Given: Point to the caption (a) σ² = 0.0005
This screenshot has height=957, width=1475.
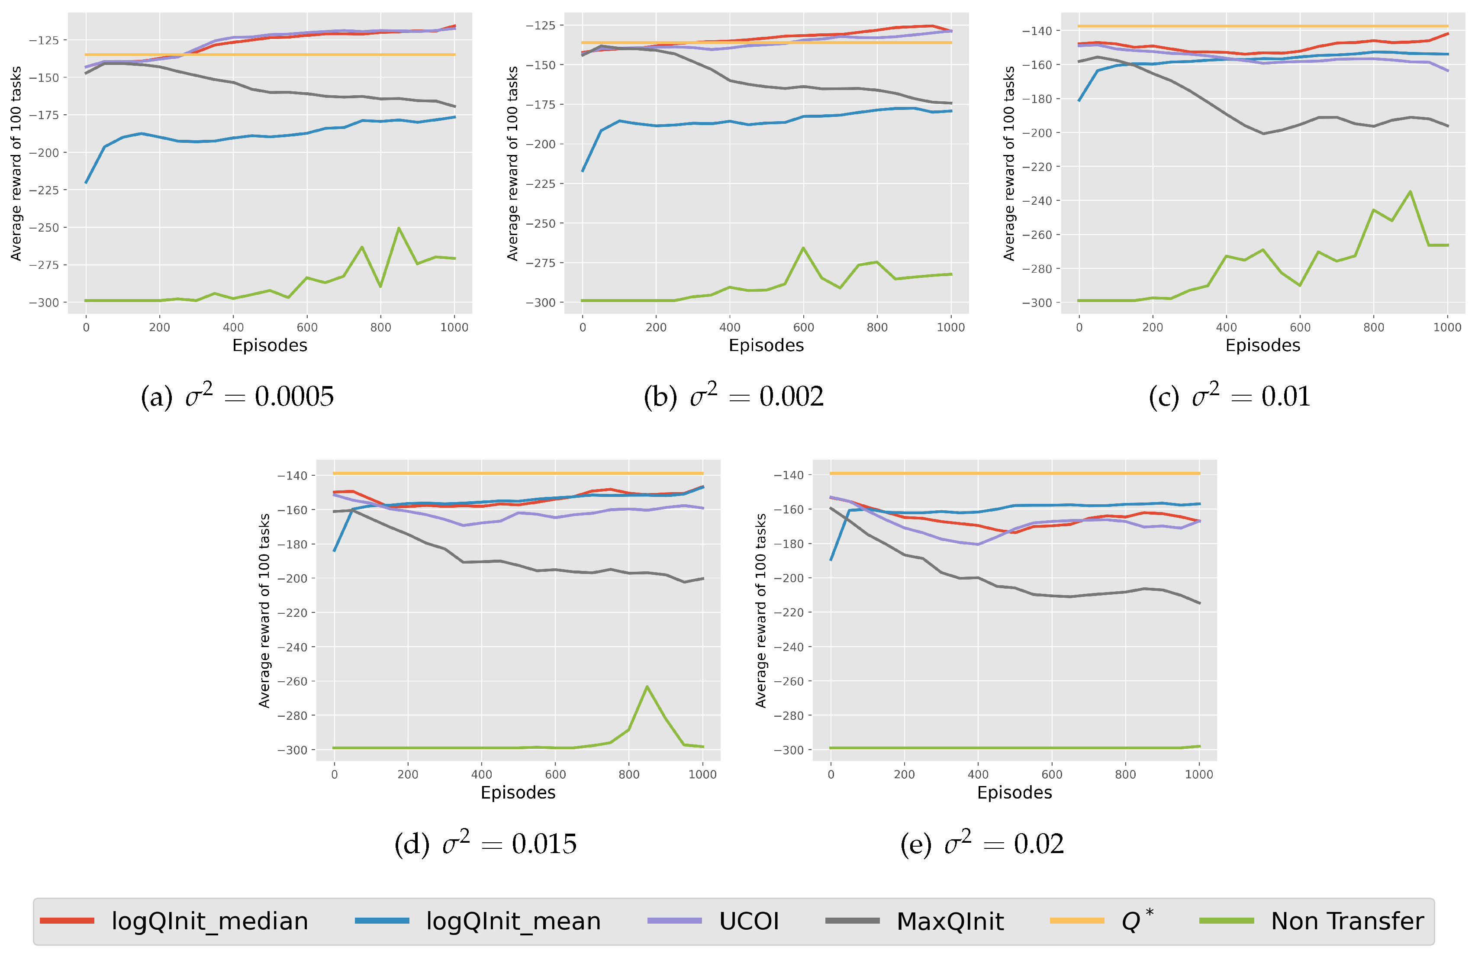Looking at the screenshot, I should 237,396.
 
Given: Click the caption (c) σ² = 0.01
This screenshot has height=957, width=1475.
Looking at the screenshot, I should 1230,396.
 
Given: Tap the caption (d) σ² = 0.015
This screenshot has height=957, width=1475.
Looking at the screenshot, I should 485,844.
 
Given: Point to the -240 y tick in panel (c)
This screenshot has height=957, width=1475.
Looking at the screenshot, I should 1037,201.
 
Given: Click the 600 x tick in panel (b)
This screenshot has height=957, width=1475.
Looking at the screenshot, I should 803,327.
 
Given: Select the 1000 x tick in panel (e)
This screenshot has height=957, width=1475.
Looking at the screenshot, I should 1198,774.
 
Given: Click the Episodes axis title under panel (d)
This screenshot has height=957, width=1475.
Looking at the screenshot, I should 518,793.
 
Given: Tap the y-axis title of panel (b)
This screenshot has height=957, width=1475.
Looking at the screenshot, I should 512,163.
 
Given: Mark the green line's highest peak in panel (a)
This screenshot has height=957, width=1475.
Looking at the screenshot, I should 399,228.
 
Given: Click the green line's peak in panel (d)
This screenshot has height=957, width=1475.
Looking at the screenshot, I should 647,687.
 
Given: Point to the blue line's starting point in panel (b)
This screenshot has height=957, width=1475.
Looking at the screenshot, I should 583,171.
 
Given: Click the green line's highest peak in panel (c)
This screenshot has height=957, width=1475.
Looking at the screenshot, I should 1411,191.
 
